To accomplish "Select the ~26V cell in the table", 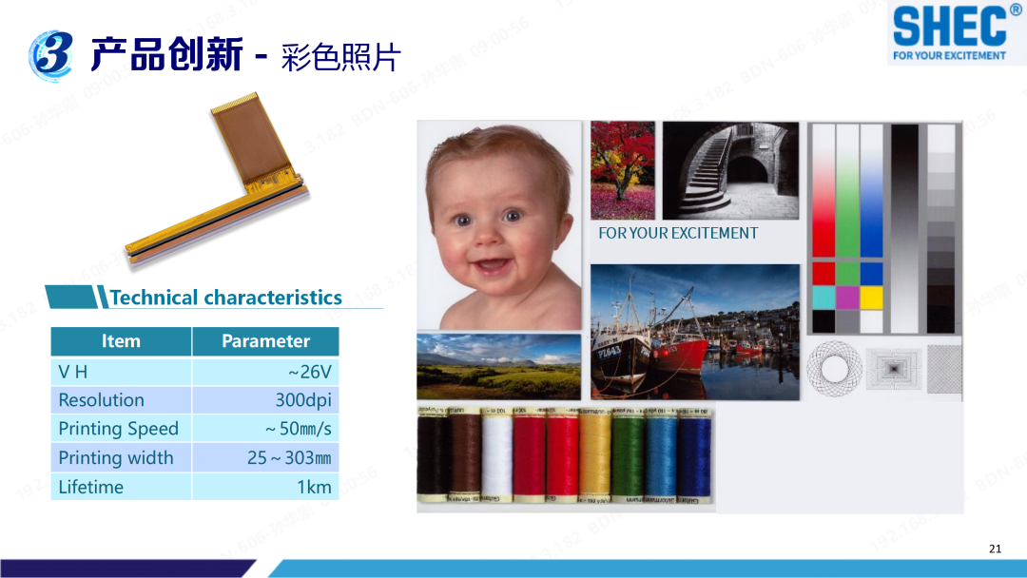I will click(315, 372).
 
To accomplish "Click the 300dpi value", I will click(303, 400).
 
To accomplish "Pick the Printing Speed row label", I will click(118, 429).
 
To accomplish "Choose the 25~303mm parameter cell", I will click(289, 458).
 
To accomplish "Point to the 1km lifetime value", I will click(314, 487).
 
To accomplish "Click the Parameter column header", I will click(265, 341).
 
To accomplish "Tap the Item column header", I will click(121, 341).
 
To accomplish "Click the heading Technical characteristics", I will click(225, 298).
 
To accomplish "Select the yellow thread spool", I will click(595, 454).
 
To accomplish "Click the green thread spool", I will click(628, 454).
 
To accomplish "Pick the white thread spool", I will click(496, 454).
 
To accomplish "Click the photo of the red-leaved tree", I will click(623, 169).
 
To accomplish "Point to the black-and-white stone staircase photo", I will click(730, 169).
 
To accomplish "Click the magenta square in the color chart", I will click(847, 298).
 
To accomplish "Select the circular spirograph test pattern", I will click(834, 368).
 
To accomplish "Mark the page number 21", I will click(995, 549).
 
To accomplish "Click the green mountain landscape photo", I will click(498, 366).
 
